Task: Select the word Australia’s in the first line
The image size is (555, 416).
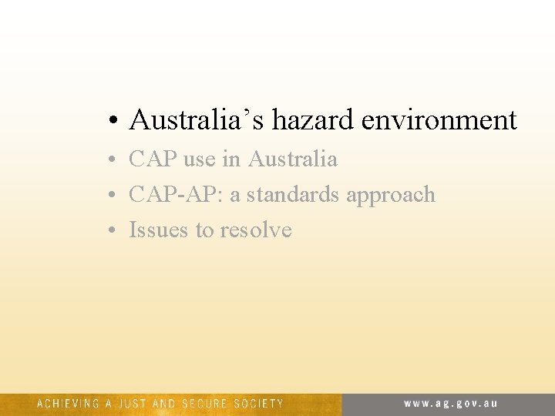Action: tap(197, 119)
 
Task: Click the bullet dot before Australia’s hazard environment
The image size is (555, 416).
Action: tap(113, 121)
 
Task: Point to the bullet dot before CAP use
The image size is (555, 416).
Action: tap(113, 160)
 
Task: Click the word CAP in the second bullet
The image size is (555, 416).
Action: tap(153, 159)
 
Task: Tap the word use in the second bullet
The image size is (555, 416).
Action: tap(200, 160)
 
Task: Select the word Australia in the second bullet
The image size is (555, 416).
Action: tap(292, 159)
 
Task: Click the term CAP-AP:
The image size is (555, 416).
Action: tap(176, 194)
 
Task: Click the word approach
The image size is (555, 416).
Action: tap(391, 196)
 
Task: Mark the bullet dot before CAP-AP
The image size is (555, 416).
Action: tap(113, 196)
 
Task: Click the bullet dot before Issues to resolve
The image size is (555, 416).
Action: tap(113, 231)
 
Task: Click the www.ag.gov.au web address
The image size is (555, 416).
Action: tap(452, 403)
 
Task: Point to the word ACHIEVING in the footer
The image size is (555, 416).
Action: tap(68, 403)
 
